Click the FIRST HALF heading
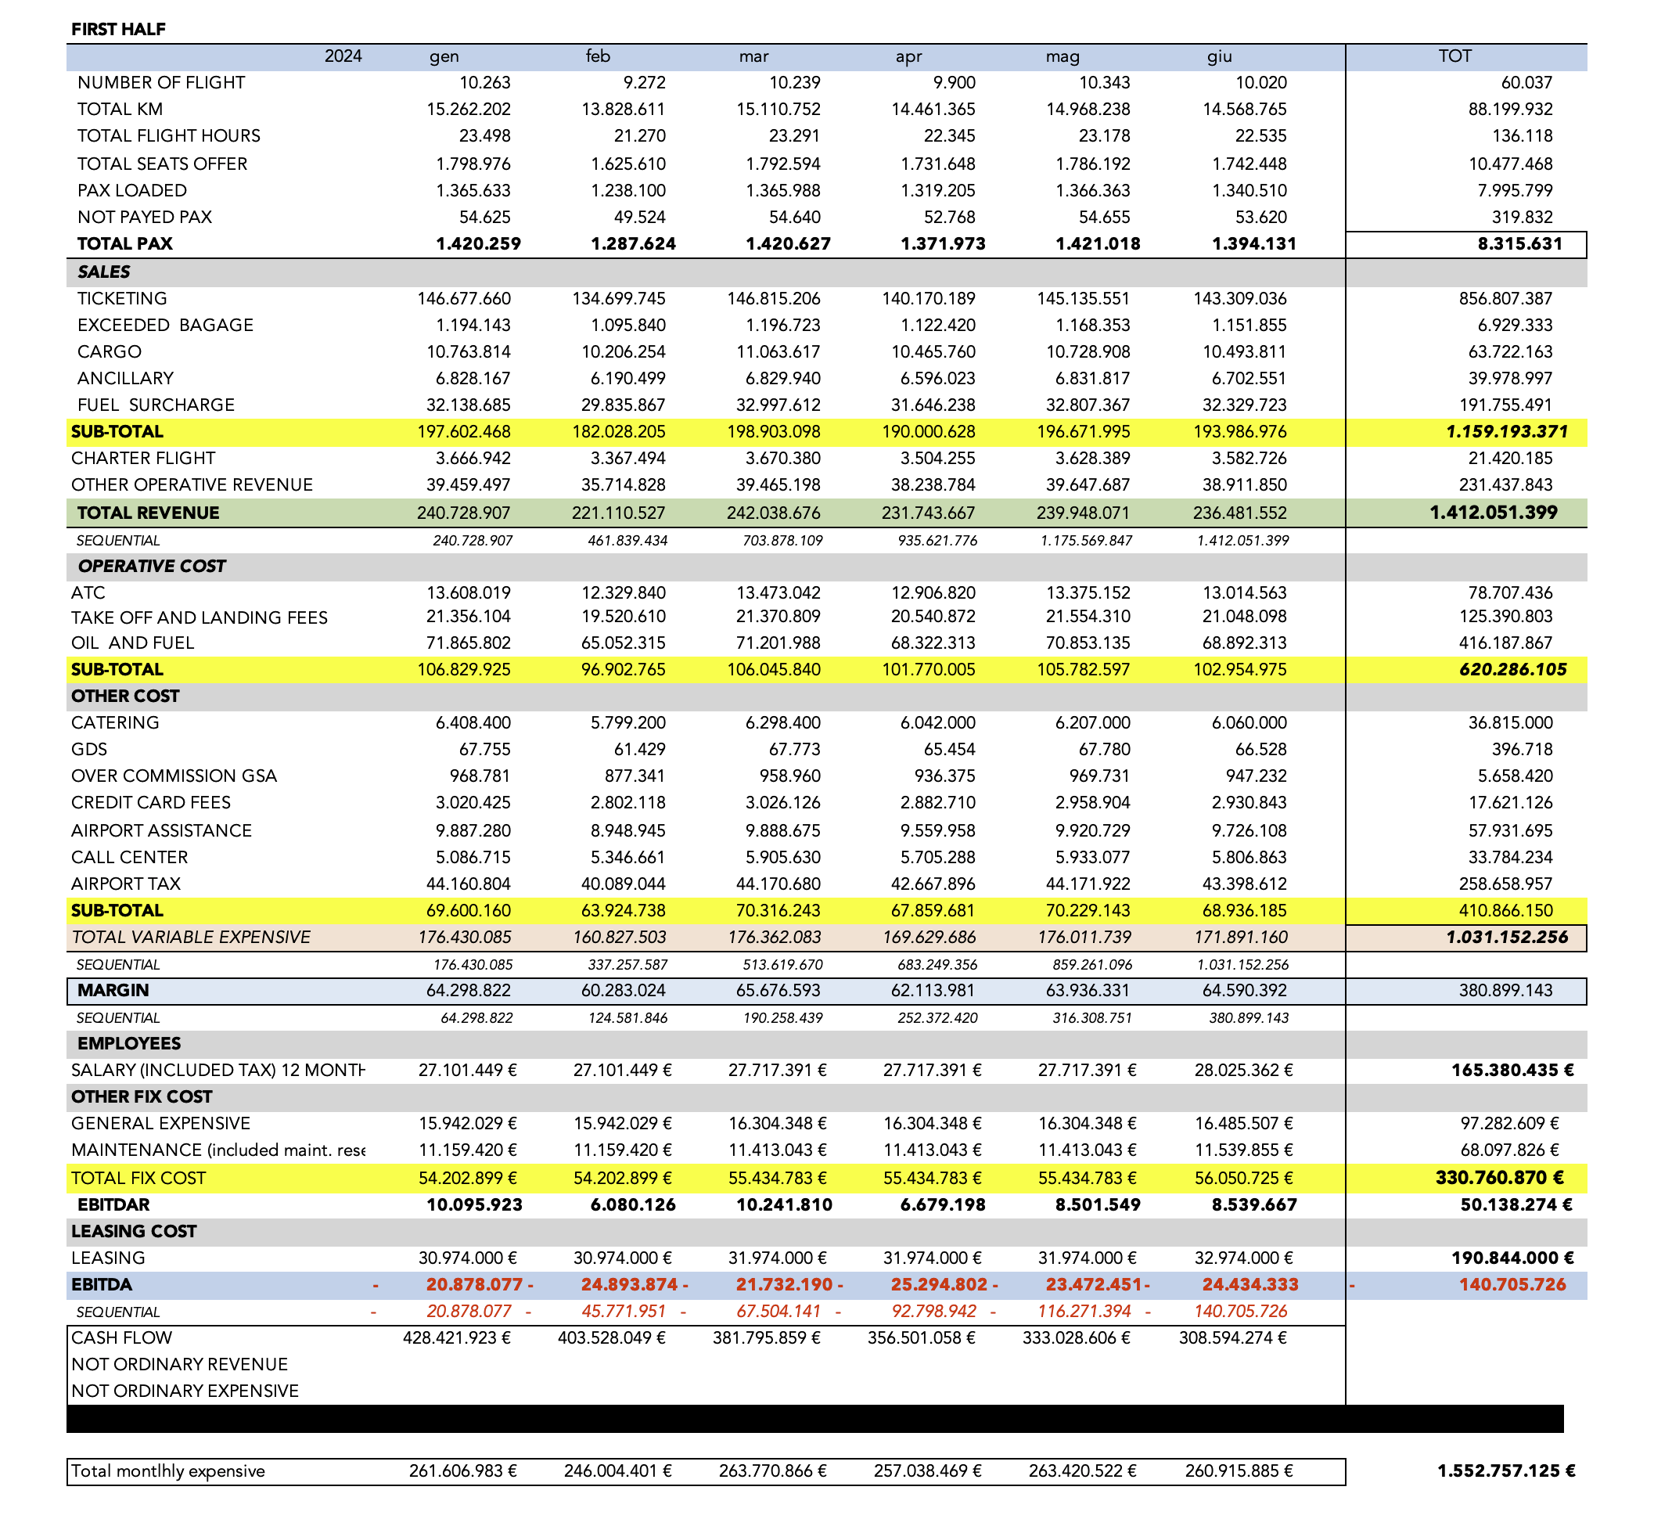pyautogui.click(x=118, y=29)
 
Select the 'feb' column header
pyautogui.click(x=598, y=56)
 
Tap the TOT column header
pyautogui.click(x=1454, y=56)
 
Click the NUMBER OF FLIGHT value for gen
pyautogui.click(x=485, y=82)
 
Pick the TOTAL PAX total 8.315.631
pyautogui.click(x=1519, y=243)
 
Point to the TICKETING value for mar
pyautogui.click(x=773, y=299)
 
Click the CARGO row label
pyautogui.click(x=109, y=352)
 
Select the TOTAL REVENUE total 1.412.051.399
pyautogui.click(x=1494, y=513)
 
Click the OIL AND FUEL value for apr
pyautogui.click(x=929, y=643)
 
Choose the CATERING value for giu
pyautogui.click(x=1249, y=723)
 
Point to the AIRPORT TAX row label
pyautogui.click(x=125, y=884)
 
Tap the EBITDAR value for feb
pyautogui.click(x=633, y=1205)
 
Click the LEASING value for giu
pyautogui.click(x=1243, y=1258)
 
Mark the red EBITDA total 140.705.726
pyautogui.click(x=1512, y=1285)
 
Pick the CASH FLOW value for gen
pyautogui.click(x=457, y=1338)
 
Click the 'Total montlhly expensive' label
pyautogui.click(x=168, y=1471)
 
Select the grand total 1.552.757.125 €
pyautogui.click(x=1506, y=1471)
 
